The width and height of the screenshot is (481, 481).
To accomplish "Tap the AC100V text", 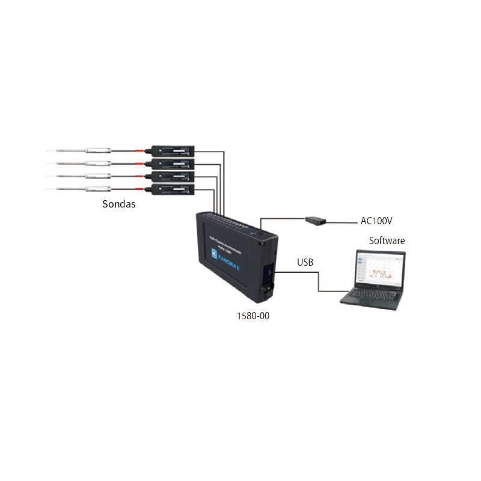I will pyautogui.click(x=376, y=221).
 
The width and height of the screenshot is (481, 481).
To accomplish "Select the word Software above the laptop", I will pyautogui.click(x=387, y=240).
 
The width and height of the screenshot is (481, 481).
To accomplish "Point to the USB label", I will pyautogui.click(x=305, y=263).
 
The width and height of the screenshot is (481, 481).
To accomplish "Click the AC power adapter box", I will pyautogui.click(x=315, y=220).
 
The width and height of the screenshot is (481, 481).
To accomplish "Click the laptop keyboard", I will pyautogui.click(x=370, y=298).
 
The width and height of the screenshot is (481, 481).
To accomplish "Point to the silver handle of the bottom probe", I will pyautogui.click(x=96, y=190).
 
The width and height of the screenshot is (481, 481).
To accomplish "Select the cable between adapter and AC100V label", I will pyautogui.click(x=343, y=222).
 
